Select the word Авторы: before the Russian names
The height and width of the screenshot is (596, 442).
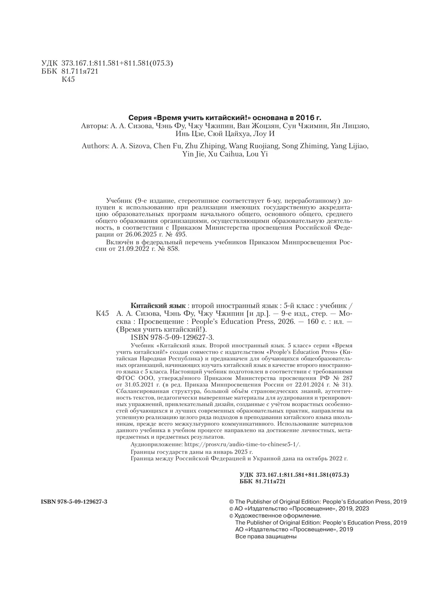(94, 126)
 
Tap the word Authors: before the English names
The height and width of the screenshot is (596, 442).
(95, 146)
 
